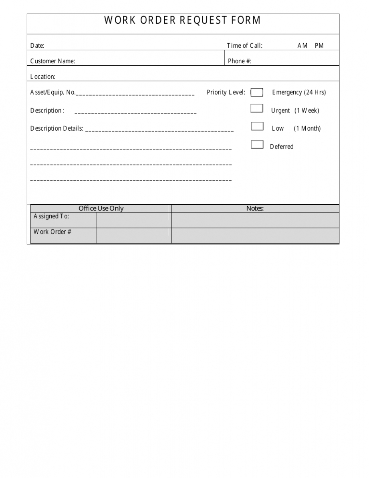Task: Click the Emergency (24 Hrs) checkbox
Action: coord(257,93)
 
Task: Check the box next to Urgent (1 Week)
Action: coord(257,108)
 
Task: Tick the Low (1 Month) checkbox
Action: coord(257,126)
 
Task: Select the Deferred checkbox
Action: coord(257,145)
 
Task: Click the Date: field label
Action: coord(37,46)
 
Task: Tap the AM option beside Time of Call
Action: coord(302,46)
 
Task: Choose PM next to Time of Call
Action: coord(319,46)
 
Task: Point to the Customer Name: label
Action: coord(52,61)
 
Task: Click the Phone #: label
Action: coord(240,61)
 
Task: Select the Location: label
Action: coord(43,77)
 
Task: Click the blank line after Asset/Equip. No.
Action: coord(135,94)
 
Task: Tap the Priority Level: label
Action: coord(226,93)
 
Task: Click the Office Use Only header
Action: coord(101,208)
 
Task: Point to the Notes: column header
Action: coord(255,208)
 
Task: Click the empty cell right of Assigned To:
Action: coord(133,220)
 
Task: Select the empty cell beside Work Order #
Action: coord(133,236)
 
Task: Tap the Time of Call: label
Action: coord(245,46)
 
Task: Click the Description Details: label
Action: coord(57,129)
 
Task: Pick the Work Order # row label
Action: coord(52,232)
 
